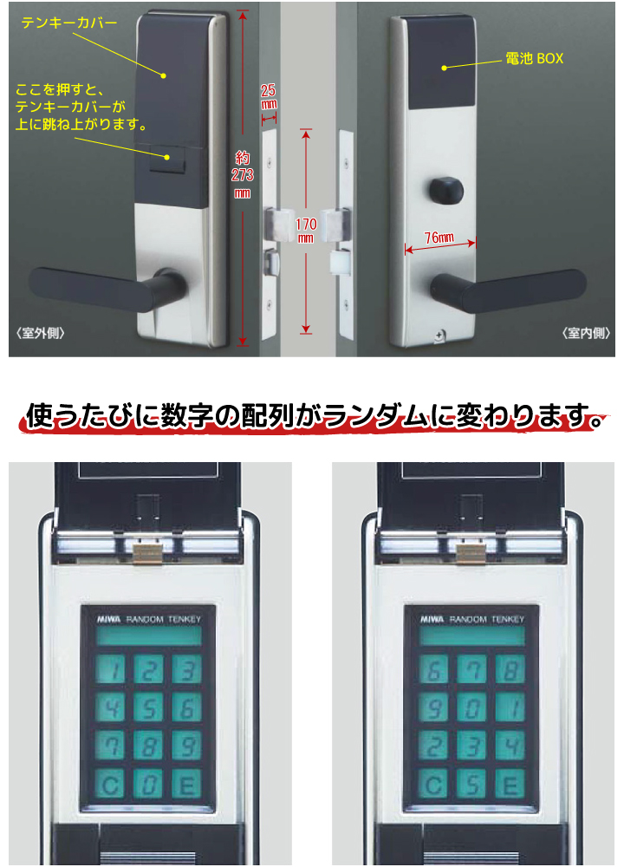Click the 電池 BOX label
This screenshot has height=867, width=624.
pos(534,58)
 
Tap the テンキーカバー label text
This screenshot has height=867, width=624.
pos(69,23)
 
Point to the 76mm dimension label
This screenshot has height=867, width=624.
pos(439,238)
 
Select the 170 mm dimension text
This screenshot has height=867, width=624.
pos(306,231)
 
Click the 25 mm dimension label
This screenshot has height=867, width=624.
pos(269,97)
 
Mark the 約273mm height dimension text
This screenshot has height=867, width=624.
pos(242,175)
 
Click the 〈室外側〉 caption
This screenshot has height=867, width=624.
pos(41,333)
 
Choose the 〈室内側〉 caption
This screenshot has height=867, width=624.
pos(586,333)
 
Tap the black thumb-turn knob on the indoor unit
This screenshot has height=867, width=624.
pos(445,190)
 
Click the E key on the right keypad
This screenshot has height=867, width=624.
pos(510,784)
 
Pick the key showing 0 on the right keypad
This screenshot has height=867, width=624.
pos(471,707)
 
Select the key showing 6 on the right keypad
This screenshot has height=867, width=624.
pos(434,669)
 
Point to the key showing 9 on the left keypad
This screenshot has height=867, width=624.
pos(187,746)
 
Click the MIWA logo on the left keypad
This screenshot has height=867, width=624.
pos(109,619)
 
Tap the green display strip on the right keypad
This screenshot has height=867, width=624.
pos(471,636)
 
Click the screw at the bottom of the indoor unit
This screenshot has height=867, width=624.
pos(439,336)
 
